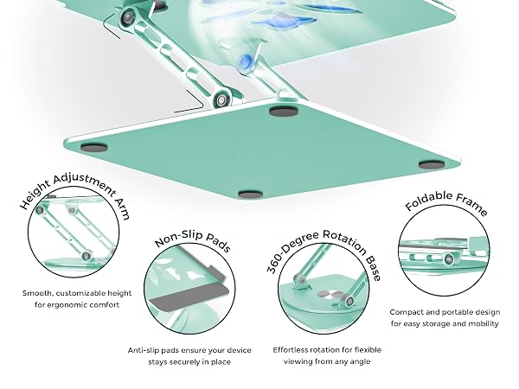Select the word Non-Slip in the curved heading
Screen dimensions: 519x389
(x=179, y=238)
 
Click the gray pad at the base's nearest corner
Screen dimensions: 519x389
(x=251, y=194)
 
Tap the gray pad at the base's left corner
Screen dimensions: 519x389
(x=93, y=148)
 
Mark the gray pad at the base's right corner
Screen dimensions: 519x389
(x=432, y=164)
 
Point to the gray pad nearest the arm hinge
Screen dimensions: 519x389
(x=284, y=111)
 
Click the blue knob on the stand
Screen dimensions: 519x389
(x=246, y=61)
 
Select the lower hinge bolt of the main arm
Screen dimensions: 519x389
(x=221, y=99)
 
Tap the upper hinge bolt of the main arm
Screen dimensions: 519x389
(x=127, y=18)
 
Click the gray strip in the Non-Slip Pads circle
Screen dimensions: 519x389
(x=189, y=297)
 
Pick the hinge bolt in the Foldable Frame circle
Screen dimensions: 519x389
(x=449, y=259)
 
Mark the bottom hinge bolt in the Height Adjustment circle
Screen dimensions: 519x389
(x=86, y=255)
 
